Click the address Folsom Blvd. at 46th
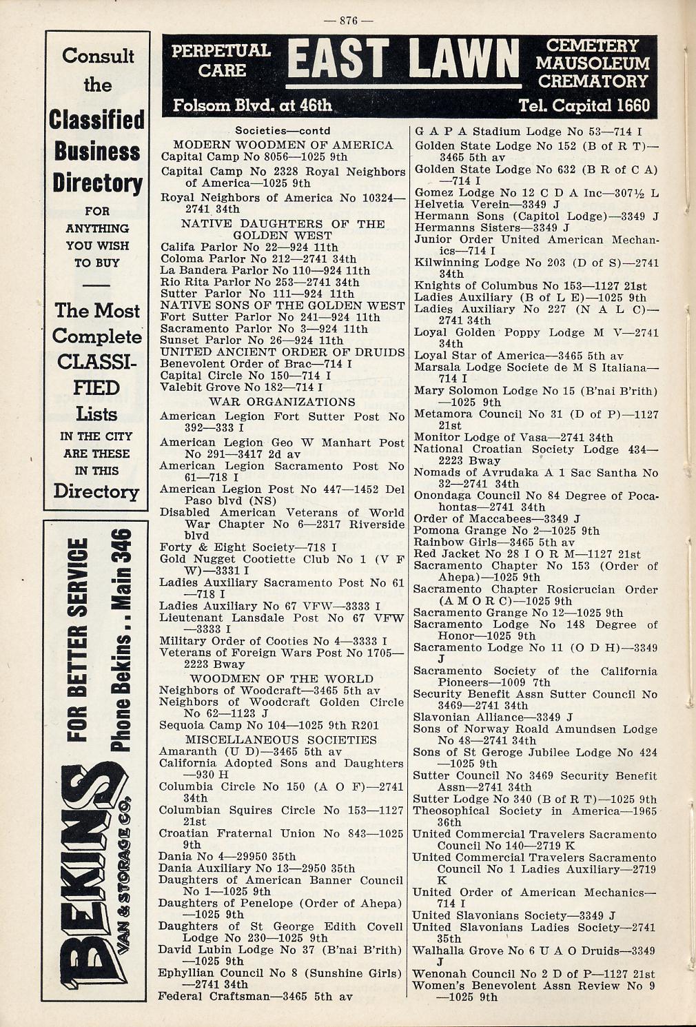(x=252, y=105)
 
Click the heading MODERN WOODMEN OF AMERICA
(x=283, y=145)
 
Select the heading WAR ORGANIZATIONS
(x=282, y=402)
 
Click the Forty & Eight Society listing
(x=248, y=548)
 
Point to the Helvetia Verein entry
(x=487, y=204)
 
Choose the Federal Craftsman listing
(x=256, y=996)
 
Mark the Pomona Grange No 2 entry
(x=506, y=531)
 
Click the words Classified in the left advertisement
(x=96, y=120)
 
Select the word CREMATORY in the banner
(x=593, y=81)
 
